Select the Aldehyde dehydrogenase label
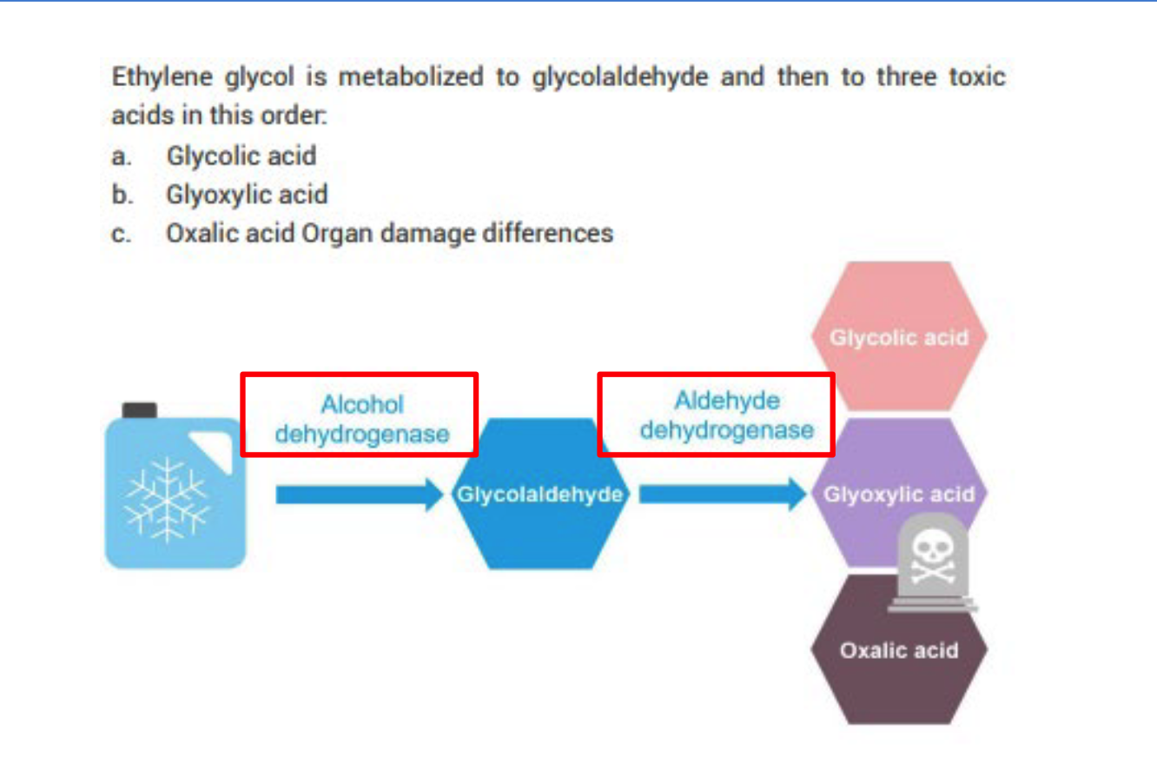(x=716, y=415)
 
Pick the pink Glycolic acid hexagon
(x=898, y=336)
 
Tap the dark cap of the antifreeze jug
(x=139, y=409)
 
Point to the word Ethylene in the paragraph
(x=149, y=78)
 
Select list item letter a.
(x=121, y=157)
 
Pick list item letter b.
(x=121, y=196)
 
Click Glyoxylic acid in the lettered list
(x=247, y=196)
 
